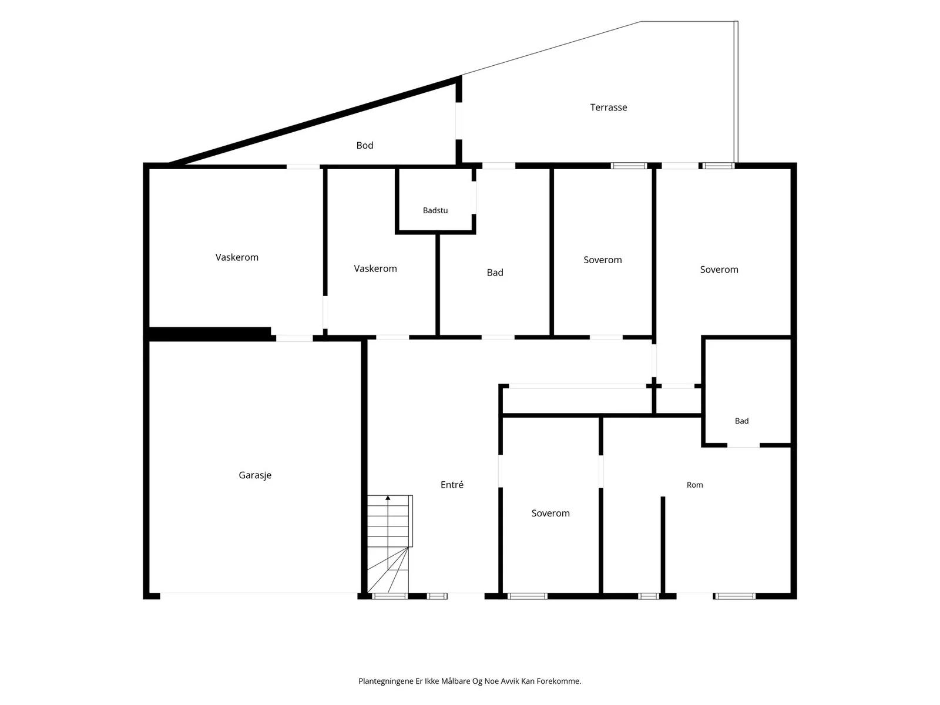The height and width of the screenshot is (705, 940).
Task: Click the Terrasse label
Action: pos(608,108)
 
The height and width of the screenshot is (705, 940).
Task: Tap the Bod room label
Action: pos(364,146)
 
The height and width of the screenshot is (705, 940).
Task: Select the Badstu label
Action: pos(435,210)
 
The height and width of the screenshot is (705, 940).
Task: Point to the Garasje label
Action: pos(255,475)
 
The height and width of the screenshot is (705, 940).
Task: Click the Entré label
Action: pos(452,485)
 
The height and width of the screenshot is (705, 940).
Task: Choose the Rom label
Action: pos(694,485)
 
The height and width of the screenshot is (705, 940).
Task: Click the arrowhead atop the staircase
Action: pos(388,498)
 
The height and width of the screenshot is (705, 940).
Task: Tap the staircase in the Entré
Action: pos(390,544)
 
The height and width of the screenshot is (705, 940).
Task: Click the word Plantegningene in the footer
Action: pos(386,681)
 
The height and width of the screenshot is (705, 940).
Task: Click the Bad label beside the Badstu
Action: pos(495,273)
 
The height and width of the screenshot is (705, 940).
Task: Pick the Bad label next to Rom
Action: pos(742,421)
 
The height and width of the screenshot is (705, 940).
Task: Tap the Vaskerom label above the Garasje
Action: pos(237,257)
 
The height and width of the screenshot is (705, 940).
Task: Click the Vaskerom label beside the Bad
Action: pos(375,269)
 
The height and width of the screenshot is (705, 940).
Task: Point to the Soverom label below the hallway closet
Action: pos(550,513)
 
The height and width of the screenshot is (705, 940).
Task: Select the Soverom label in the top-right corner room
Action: pos(719,270)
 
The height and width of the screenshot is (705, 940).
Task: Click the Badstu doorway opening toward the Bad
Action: pos(474,197)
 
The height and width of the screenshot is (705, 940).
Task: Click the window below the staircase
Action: pos(390,596)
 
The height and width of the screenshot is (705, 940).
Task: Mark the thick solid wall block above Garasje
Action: pos(210,334)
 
